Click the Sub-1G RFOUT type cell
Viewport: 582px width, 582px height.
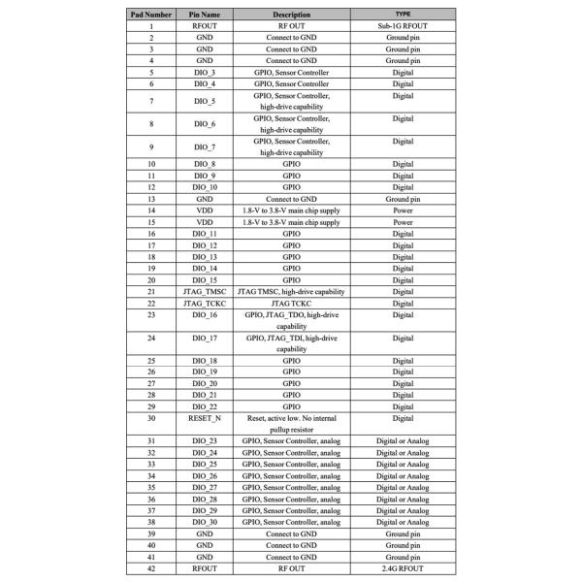click(403, 27)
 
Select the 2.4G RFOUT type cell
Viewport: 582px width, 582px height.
click(403, 568)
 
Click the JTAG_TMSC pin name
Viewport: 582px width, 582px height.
click(205, 292)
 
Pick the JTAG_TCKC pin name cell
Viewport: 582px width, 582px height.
click(205, 304)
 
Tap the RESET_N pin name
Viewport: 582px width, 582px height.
click(205, 418)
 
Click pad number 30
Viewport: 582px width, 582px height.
click(152, 418)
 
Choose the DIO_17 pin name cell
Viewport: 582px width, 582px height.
click(205, 339)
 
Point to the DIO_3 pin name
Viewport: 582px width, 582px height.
click(205, 73)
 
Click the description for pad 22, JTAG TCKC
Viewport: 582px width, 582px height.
click(291, 304)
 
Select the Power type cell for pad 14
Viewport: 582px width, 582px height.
click(403, 210)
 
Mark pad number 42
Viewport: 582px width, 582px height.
click(152, 568)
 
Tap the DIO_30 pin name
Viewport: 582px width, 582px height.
click(205, 522)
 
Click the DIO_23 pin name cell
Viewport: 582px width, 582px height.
click(205, 441)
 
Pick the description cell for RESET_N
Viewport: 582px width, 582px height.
click(291, 423)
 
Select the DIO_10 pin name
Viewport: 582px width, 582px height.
click(205, 187)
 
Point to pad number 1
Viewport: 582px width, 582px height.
click(152, 27)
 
